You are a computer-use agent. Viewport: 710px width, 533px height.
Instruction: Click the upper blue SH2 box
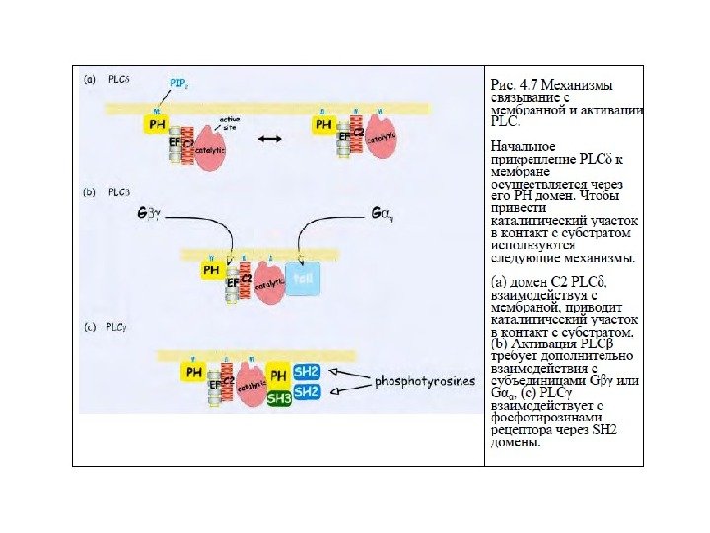coord(308,372)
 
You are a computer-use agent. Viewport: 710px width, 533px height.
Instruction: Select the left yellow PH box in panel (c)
coord(193,372)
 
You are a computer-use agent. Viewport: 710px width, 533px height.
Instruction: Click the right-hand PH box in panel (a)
coord(324,125)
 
